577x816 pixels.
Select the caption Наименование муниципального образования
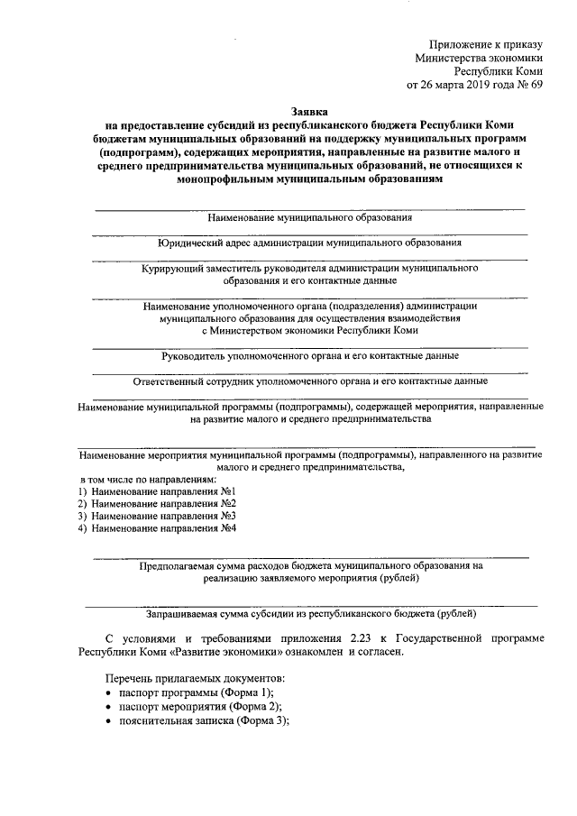click(x=310, y=218)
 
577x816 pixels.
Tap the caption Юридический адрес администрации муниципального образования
click(x=310, y=243)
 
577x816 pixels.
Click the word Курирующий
click(x=173, y=268)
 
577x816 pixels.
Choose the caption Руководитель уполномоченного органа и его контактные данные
click(x=310, y=356)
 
